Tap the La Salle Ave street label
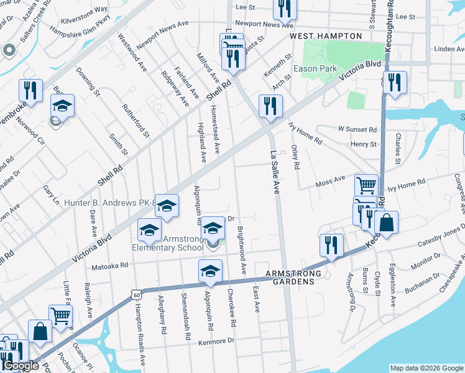[274, 172]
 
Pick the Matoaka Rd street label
[111, 264]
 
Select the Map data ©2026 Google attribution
[426, 368]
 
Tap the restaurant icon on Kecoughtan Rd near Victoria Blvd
[395, 83]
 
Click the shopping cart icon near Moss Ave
[366, 185]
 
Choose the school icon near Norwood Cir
[62, 106]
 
